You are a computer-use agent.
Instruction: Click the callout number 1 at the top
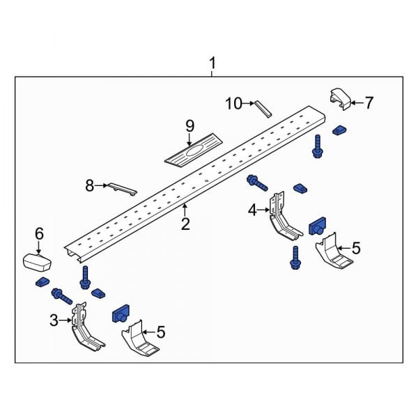pyautogui.click(x=212, y=65)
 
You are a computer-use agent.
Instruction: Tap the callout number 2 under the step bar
pyautogui.click(x=185, y=224)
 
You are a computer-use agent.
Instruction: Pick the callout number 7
pyautogui.click(x=369, y=103)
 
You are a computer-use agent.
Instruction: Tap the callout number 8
pyautogui.click(x=89, y=185)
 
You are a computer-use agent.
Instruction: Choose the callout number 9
pyautogui.click(x=189, y=126)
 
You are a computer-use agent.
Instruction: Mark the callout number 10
pyautogui.click(x=233, y=104)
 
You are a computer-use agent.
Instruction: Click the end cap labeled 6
pyautogui.click(x=39, y=262)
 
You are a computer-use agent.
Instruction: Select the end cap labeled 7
pyautogui.click(x=341, y=100)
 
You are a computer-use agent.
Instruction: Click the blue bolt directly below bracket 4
pyautogui.click(x=295, y=257)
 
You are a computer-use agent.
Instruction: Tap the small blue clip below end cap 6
pyautogui.click(x=40, y=282)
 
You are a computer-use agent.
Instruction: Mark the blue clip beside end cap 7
pyautogui.click(x=339, y=130)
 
